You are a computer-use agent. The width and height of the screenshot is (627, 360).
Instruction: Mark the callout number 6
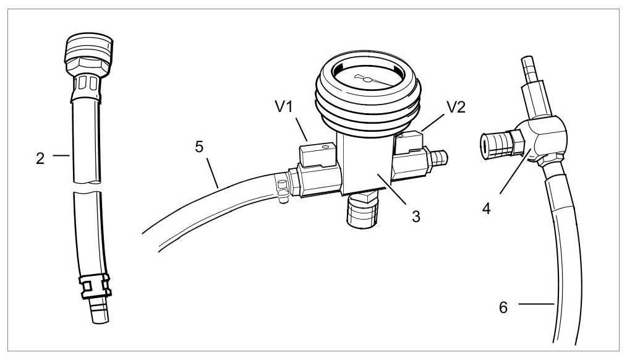click(x=503, y=307)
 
